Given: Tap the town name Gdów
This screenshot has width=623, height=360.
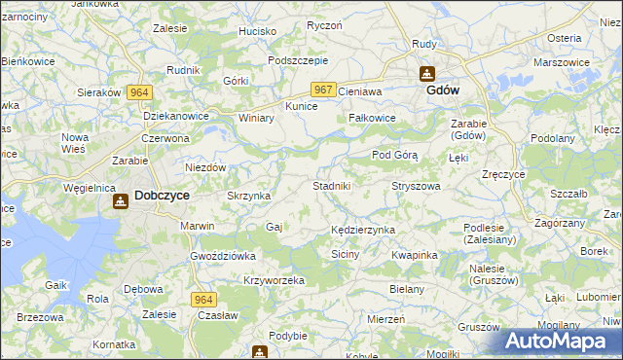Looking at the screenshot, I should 443,90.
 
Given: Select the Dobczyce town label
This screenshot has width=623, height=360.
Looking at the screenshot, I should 162,195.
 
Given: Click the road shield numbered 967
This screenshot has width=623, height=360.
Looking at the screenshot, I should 324,90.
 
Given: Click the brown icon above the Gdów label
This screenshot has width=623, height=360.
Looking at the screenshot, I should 426,73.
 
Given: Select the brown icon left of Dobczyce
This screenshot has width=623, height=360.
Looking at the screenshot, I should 120,201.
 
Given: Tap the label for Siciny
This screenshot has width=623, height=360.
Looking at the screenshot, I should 346,254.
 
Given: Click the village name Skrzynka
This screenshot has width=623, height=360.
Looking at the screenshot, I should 248,196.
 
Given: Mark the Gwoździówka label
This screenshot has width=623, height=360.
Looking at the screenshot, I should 223,256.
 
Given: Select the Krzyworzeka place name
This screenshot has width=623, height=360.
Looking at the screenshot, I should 275,280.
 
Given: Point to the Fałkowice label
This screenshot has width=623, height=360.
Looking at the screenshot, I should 372,118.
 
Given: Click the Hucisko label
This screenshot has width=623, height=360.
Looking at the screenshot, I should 258,31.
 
